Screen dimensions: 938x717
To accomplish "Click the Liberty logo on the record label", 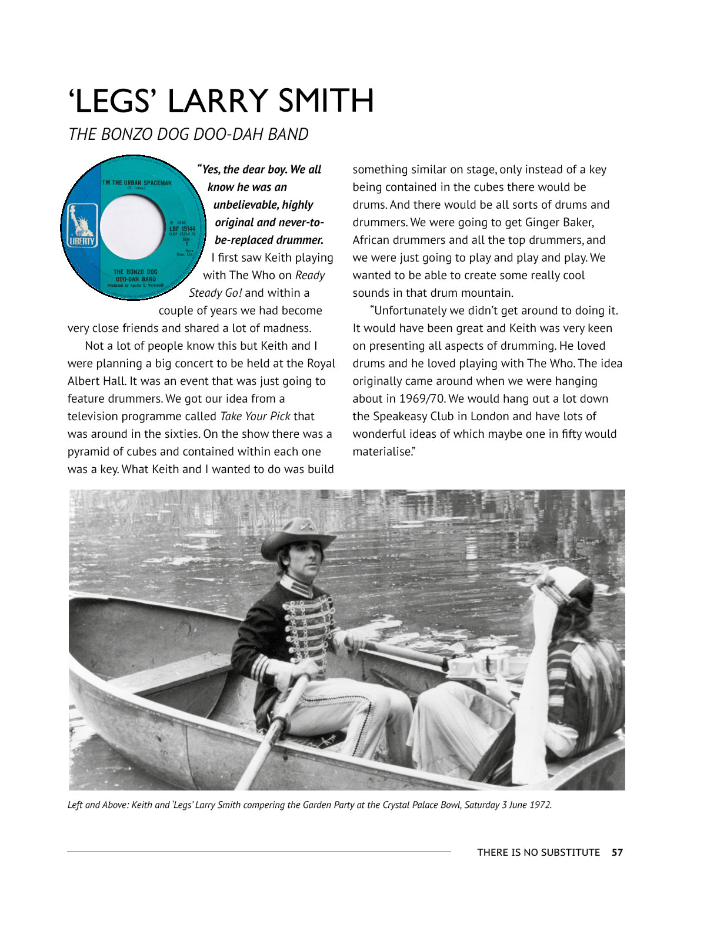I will (81, 226).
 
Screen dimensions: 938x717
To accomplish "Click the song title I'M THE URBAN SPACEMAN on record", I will (136, 183).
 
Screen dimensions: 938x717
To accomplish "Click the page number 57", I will (617, 852).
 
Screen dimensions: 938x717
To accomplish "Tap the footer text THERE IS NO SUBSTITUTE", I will (538, 852).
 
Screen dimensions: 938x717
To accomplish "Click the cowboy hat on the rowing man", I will (298, 536).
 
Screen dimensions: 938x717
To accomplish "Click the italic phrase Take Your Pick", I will (255, 416).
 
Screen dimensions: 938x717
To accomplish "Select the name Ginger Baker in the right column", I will (559, 222).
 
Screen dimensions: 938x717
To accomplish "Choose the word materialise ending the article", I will (383, 451).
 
